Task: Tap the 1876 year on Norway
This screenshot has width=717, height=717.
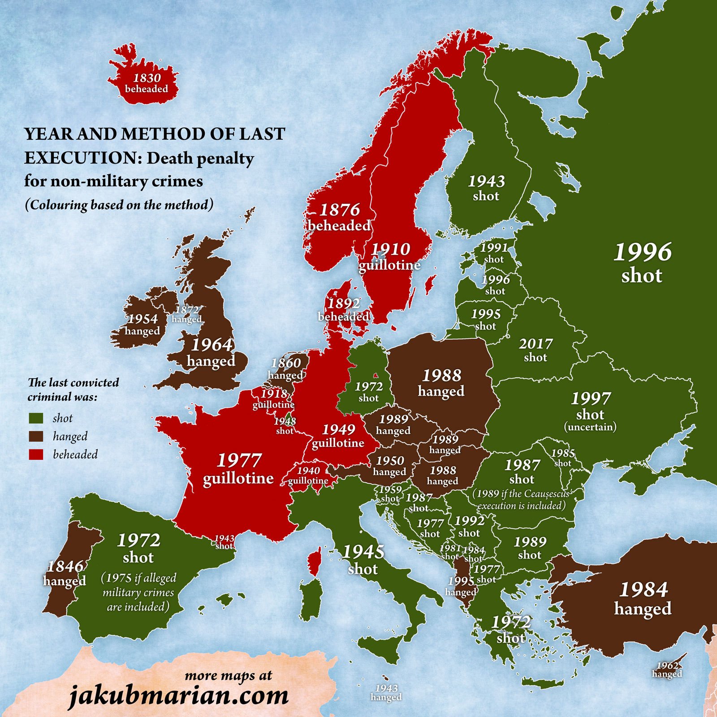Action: point(339,210)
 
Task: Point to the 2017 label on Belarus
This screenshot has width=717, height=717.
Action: point(536,344)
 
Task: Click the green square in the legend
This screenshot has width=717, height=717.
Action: point(36,418)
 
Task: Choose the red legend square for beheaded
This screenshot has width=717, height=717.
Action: point(36,454)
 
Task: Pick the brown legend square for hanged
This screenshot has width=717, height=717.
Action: point(36,436)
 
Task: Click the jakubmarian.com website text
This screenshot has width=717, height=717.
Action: point(179,695)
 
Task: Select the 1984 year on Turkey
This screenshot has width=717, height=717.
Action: point(644,589)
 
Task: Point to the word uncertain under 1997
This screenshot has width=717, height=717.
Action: point(590,427)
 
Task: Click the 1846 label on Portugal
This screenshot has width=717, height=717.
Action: point(65,566)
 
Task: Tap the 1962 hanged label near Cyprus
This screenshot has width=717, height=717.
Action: point(667,669)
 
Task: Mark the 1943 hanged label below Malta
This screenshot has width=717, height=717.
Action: point(386,692)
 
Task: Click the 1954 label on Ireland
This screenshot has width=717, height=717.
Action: point(143,319)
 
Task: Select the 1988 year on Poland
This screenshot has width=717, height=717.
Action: point(441,376)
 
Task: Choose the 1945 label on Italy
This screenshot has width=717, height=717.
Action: point(363,552)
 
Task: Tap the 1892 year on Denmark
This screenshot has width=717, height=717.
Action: point(344,304)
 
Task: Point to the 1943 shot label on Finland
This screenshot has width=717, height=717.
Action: point(486,188)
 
